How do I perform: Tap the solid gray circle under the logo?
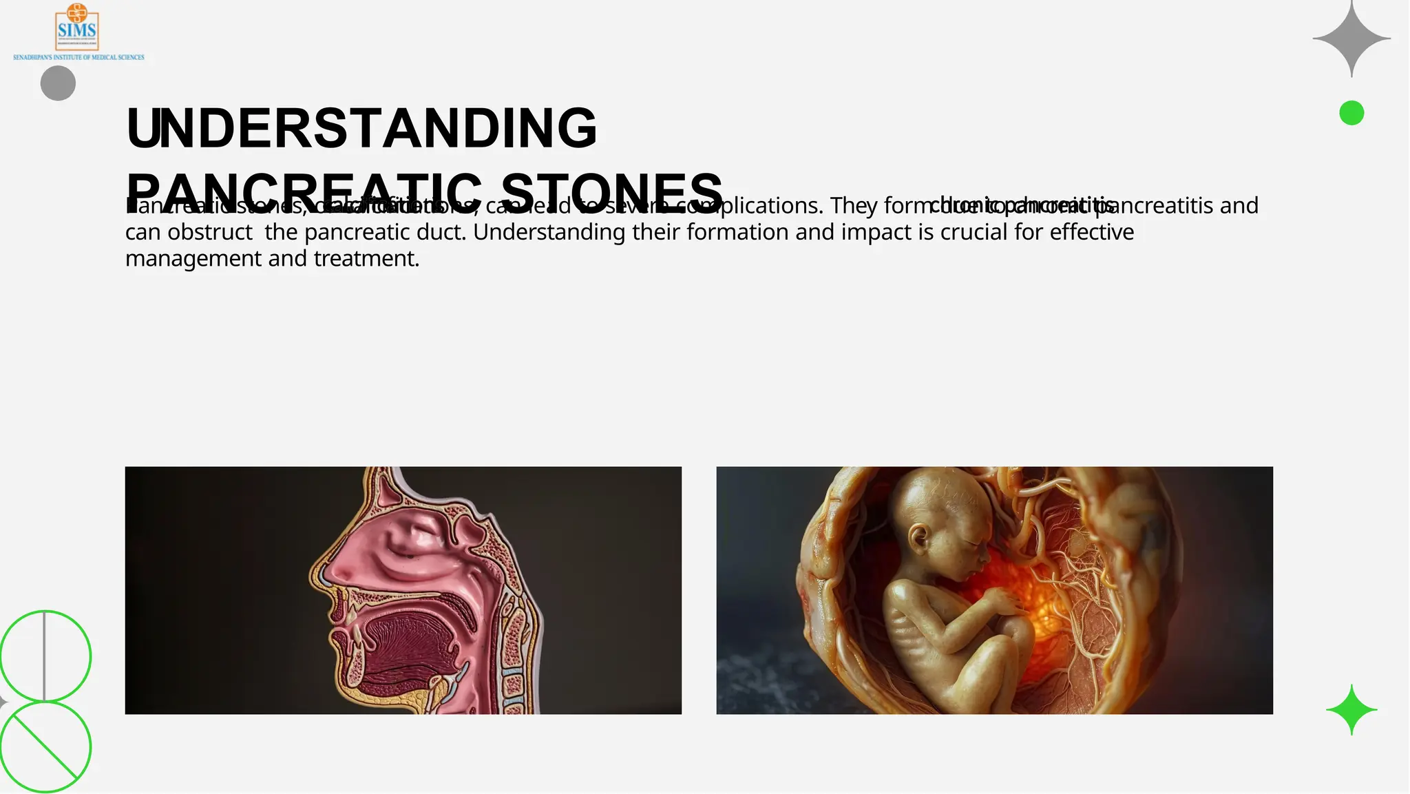[x=58, y=83]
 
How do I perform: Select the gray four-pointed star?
[x=1351, y=39]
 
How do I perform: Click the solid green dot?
[x=1351, y=113]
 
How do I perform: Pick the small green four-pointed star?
[x=1351, y=709]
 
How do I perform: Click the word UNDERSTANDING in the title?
[x=362, y=128]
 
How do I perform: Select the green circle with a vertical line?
[x=45, y=656]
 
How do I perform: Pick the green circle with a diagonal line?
[x=45, y=746]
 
